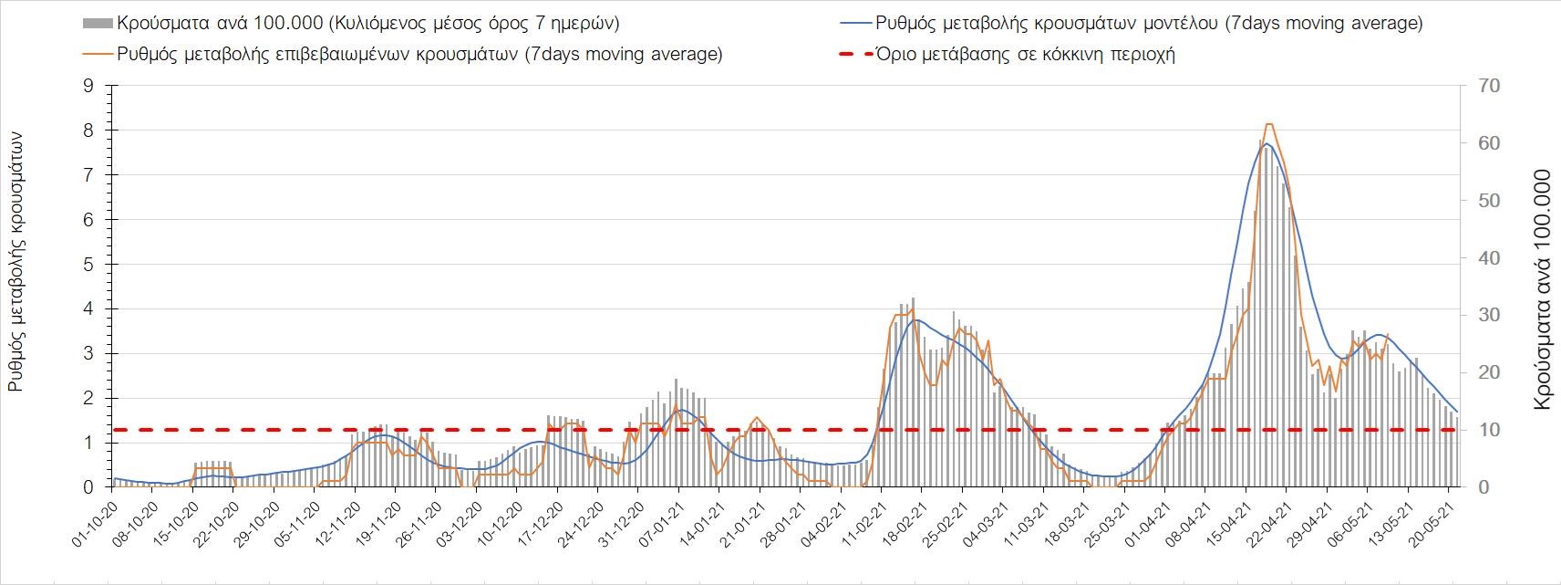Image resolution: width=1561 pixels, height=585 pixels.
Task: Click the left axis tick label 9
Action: coord(88,86)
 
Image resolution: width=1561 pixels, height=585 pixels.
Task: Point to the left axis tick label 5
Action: coord(88,265)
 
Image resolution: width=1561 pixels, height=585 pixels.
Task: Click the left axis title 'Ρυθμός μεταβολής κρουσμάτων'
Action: coord(16,261)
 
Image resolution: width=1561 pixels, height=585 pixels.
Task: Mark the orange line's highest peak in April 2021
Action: coord(1269,124)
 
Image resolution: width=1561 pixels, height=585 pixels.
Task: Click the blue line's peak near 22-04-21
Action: coord(1266,144)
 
